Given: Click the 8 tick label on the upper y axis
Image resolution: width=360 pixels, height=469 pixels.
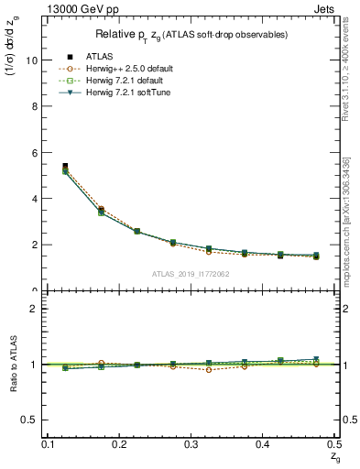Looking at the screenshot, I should (x=36, y=106).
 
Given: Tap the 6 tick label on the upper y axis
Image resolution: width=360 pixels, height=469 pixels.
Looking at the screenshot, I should (x=36, y=152).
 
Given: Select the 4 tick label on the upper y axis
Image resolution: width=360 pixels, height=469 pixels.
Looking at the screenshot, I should (x=36, y=199).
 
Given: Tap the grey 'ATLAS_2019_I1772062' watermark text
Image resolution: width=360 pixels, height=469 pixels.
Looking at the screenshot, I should (x=191, y=275).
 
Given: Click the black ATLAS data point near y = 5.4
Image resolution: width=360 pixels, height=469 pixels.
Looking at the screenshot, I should (x=65, y=167).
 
